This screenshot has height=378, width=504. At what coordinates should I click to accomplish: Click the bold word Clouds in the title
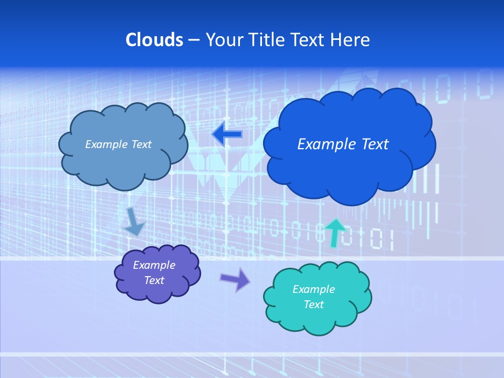click(x=154, y=40)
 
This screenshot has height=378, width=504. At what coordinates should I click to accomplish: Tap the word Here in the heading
click(x=350, y=40)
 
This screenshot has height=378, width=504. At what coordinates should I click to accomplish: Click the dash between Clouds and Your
click(x=194, y=40)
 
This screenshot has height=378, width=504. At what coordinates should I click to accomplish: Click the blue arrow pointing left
click(x=227, y=134)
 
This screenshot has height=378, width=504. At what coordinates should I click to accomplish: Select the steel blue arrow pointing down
click(x=134, y=223)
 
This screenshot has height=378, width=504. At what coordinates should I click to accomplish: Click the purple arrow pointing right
click(x=235, y=279)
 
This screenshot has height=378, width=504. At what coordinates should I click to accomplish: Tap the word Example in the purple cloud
click(x=154, y=265)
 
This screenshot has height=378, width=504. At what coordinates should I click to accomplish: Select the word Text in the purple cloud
click(x=154, y=280)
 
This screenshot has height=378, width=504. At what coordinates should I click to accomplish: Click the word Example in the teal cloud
click(x=313, y=289)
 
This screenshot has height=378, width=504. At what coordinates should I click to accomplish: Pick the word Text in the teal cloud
click(x=313, y=304)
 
